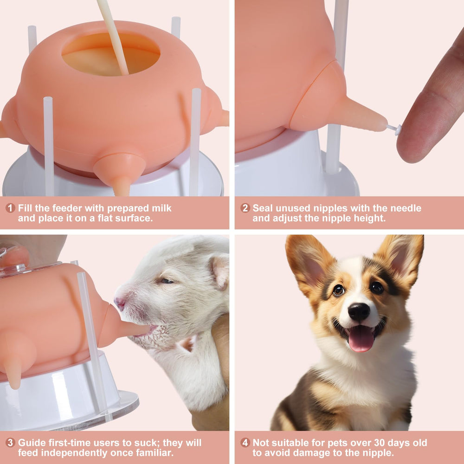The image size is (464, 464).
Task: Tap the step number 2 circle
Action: (x=245, y=208)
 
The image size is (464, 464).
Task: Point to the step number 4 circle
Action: (x=245, y=442)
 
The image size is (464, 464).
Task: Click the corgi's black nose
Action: (x=359, y=311)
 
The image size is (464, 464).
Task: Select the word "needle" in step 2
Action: (x=406, y=208)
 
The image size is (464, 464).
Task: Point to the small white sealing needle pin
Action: (x=394, y=129)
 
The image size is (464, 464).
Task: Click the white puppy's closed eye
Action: (x=167, y=281)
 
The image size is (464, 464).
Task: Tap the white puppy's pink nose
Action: (x=120, y=303)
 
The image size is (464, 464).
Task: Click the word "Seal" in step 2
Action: (x=263, y=208)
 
